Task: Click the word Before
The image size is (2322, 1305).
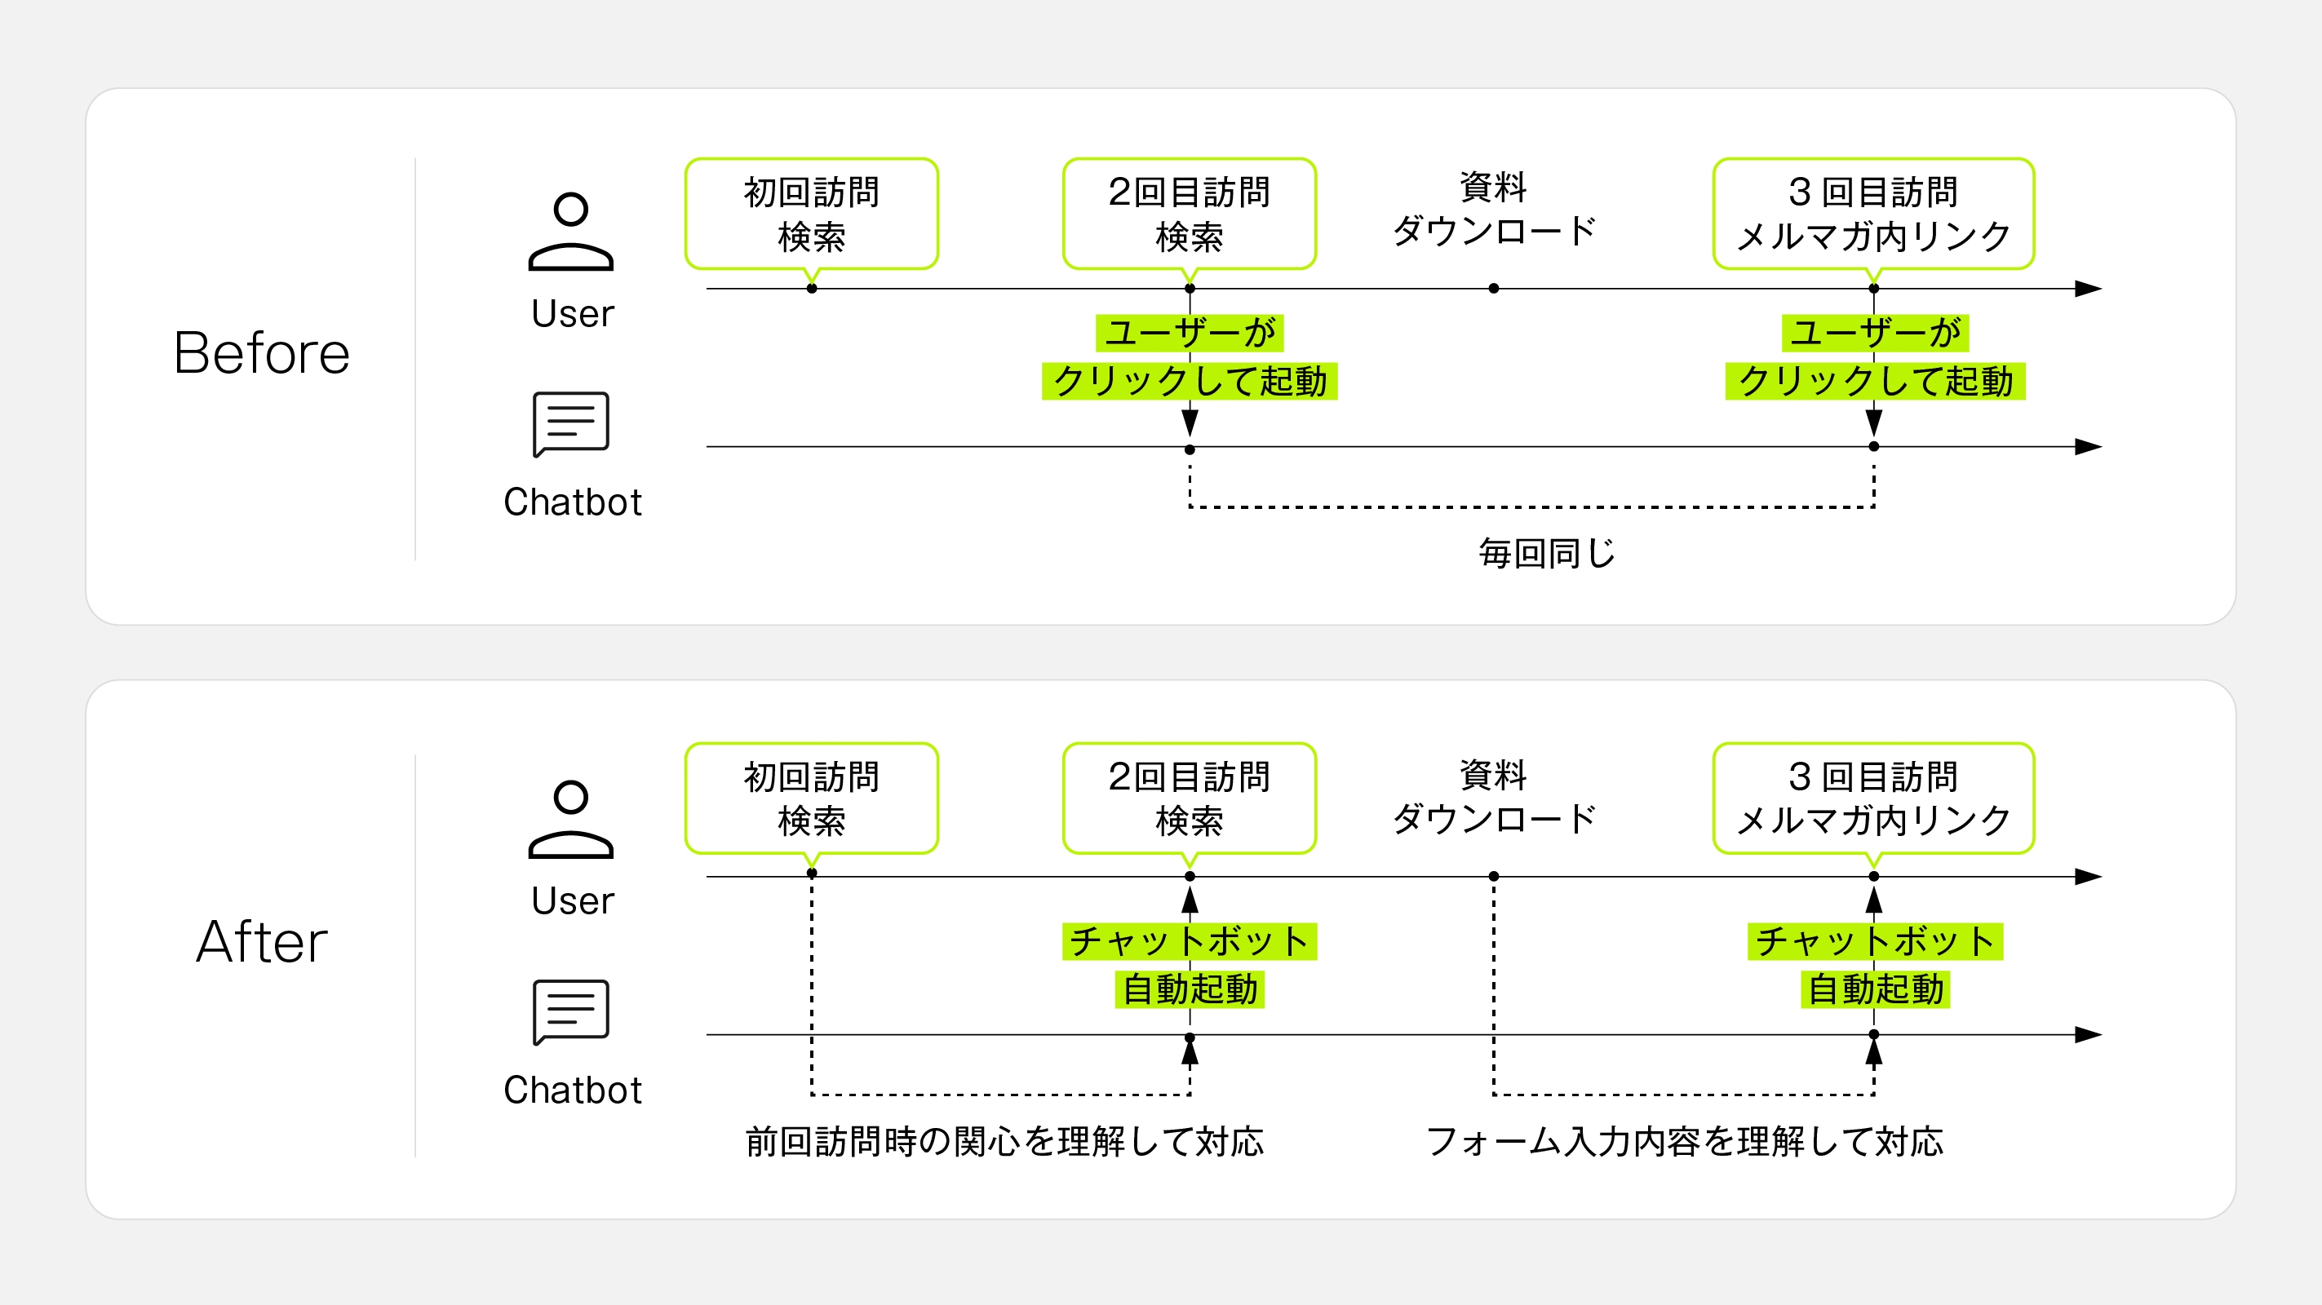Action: (261, 352)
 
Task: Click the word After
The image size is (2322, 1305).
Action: (261, 942)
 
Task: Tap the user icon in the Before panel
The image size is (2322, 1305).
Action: (570, 232)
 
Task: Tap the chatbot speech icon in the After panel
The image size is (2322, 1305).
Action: (570, 1012)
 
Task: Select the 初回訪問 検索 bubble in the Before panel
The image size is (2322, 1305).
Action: (811, 214)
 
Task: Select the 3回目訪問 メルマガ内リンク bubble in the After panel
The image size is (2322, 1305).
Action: (1873, 798)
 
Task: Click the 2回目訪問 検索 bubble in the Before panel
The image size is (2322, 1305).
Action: (1189, 214)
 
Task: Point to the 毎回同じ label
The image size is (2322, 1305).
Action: (1547, 553)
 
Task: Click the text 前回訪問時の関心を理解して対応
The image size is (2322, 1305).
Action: (1004, 1142)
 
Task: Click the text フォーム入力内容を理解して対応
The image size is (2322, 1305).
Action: (1684, 1142)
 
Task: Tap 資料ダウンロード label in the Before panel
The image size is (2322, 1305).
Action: (1494, 209)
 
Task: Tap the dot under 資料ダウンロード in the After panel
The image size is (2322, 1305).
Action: (1494, 876)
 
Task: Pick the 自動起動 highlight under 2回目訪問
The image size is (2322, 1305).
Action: (1189, 989)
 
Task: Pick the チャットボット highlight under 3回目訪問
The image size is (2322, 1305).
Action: (1875, 942)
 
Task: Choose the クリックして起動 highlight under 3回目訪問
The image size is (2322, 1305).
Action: (1875, 381)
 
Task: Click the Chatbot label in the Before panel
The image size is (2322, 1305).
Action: (573, 502)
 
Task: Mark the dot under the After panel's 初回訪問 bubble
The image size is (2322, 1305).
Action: (811, 874)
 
